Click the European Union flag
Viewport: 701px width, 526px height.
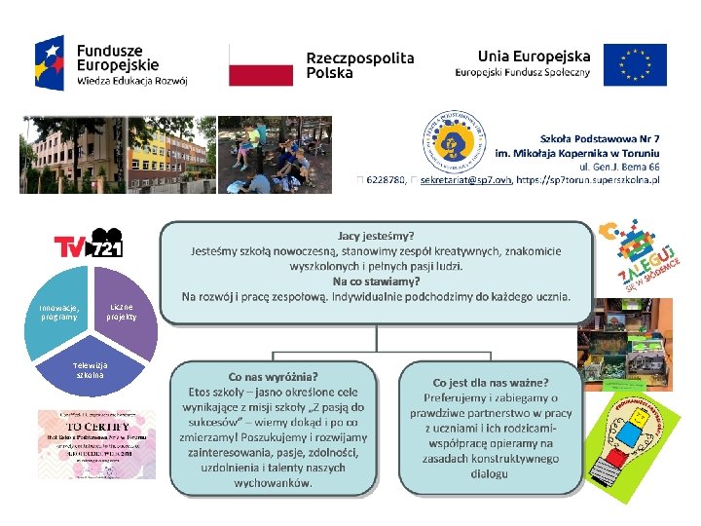tap(635, 64)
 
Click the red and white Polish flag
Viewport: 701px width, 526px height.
tap(261, 66)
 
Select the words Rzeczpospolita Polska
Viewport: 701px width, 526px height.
tap(359, 65)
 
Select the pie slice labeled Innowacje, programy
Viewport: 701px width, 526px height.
tap(59, 312)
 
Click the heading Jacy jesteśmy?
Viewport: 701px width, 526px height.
tap(376, 236)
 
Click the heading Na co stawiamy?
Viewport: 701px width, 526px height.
tap(376, 282)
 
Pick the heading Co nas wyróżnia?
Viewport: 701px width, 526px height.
tap(273, 376)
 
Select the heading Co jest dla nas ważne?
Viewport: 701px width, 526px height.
tap(490, 383)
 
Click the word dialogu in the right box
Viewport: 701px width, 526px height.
tap(489, 473)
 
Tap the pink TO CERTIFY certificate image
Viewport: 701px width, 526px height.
tap(95, 443)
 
